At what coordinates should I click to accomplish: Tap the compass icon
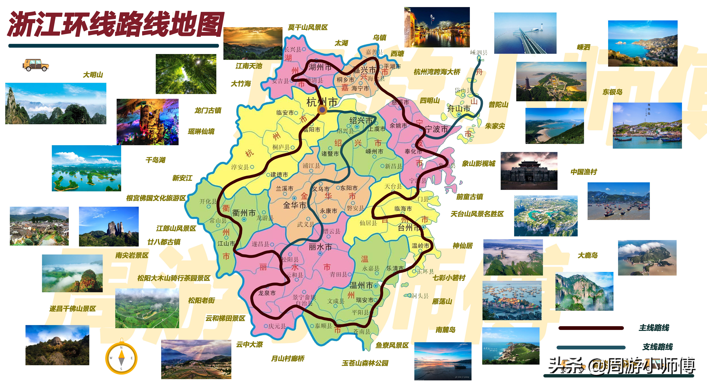[x=121, y=358]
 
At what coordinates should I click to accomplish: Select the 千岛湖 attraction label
[x=155, y=160]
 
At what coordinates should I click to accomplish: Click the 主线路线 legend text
[x=654, y=328]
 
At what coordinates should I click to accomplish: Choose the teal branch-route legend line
[x=591, y=347]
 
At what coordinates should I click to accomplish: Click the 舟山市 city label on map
[x=459, y=108]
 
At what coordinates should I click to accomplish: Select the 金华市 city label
[x=294, y=205]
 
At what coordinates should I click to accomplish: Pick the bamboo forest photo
[x=186, y=74]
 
